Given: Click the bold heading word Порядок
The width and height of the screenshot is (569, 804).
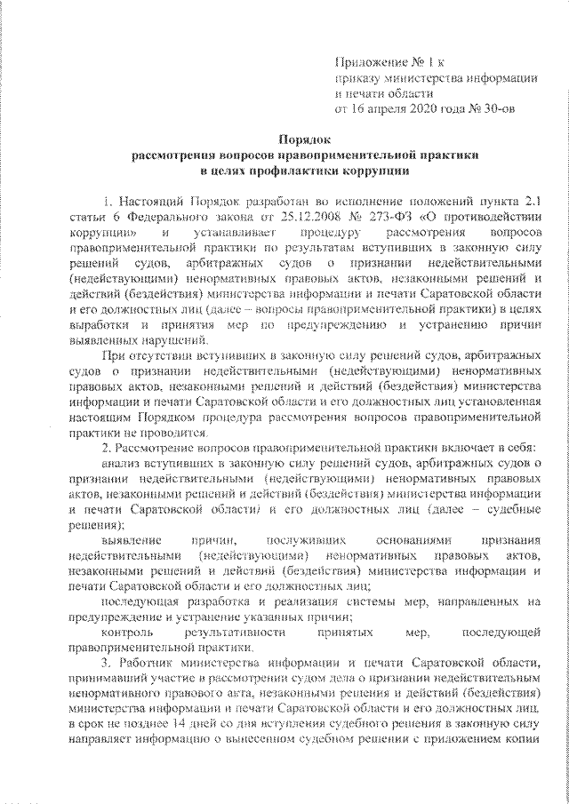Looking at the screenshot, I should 305,139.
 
